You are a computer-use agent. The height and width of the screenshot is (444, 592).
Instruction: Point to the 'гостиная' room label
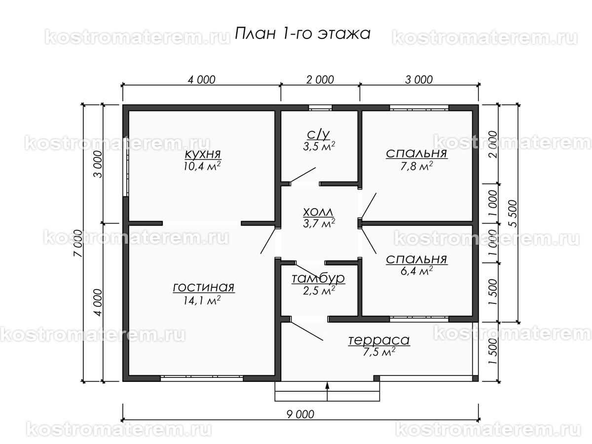(x=203, y=288)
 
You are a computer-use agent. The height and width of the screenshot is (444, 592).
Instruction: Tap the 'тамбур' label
(x=318, y=279)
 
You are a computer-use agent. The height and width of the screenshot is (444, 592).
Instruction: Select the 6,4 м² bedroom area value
(x=417, y=270)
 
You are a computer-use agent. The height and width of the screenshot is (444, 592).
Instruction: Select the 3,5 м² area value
(x=320, y=147)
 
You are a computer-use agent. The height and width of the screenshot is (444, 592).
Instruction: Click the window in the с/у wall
(x=320, y=107)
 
